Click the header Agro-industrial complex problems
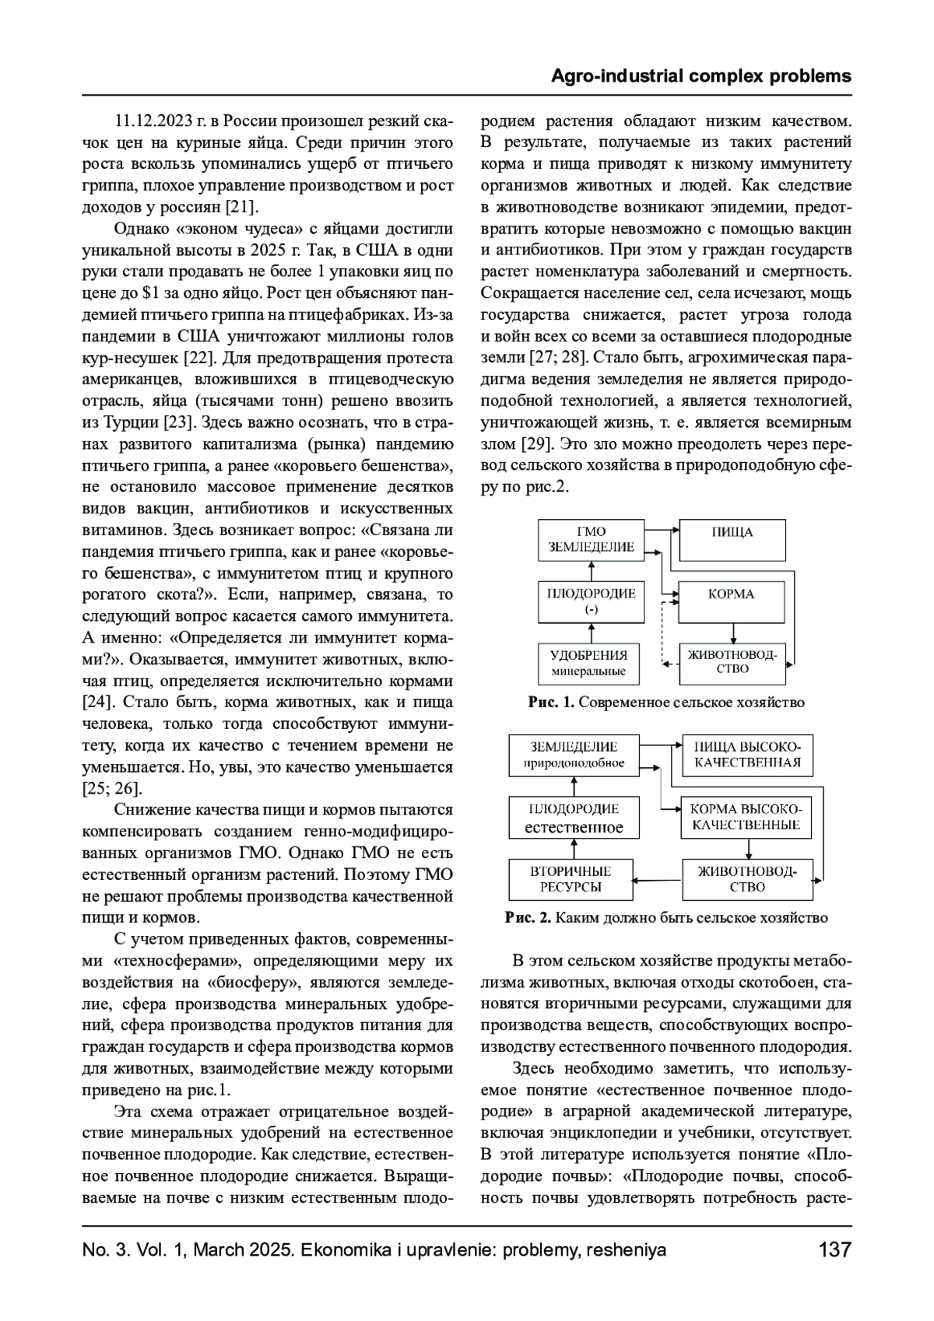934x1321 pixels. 700,76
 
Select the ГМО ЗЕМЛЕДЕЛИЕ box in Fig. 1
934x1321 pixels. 592,540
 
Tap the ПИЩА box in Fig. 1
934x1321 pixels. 732,540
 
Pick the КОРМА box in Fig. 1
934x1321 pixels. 732,601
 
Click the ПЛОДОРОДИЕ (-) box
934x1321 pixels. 592,601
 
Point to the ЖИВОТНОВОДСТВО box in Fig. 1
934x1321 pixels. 732,662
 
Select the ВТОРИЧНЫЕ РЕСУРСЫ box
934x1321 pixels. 571,879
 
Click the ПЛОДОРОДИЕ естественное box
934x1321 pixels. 574,817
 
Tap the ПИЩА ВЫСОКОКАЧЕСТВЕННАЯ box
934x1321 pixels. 747,755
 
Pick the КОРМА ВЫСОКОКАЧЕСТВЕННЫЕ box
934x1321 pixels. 746,817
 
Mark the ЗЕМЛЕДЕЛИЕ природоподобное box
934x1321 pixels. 574,755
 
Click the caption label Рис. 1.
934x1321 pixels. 551,703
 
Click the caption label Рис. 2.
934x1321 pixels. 528,917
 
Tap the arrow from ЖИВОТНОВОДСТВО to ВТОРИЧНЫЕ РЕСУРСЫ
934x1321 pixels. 658,880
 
